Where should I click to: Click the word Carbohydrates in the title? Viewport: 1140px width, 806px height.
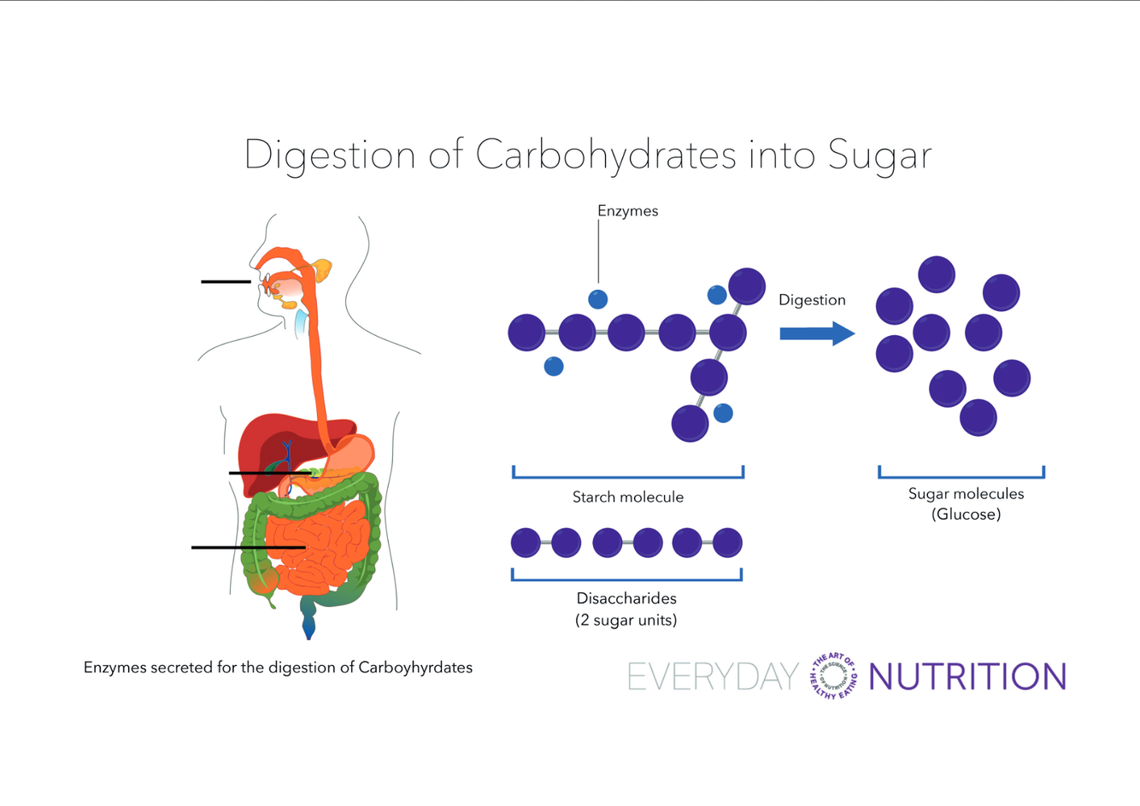[605, 155]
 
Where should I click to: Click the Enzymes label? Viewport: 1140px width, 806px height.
[627, 211]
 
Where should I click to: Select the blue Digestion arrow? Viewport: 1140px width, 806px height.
[816, 333]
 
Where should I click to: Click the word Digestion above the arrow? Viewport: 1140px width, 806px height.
[812, 300]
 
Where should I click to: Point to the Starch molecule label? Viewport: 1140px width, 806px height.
[628, 497]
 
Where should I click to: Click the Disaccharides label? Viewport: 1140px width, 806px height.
[626, 598]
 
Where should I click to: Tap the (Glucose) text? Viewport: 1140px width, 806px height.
[966, 515]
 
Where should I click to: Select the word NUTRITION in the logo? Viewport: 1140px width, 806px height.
[967, 677]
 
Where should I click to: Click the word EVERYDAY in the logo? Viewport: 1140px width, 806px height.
[713, 677]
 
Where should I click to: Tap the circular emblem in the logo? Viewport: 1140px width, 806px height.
[833, 676]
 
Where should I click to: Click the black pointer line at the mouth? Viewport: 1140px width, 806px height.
[226, 281]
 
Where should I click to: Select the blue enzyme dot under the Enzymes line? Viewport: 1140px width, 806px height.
[598, 299]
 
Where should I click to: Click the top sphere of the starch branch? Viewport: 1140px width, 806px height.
[747, 286]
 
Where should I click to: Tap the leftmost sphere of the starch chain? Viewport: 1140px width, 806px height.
[526, 332]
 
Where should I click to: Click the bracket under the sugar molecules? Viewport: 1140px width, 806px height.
[961, 476]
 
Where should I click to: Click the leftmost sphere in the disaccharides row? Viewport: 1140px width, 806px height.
[526, 542]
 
